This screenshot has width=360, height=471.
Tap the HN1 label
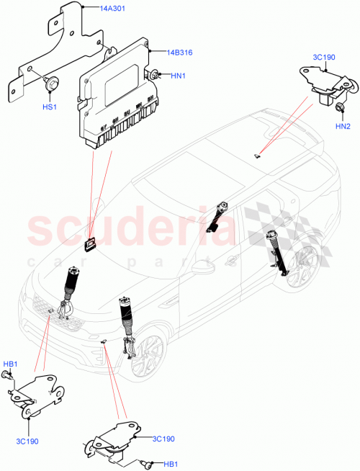[179, 74]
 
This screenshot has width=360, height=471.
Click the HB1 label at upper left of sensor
[11, 364]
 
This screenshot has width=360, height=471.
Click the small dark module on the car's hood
[89, 246]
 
